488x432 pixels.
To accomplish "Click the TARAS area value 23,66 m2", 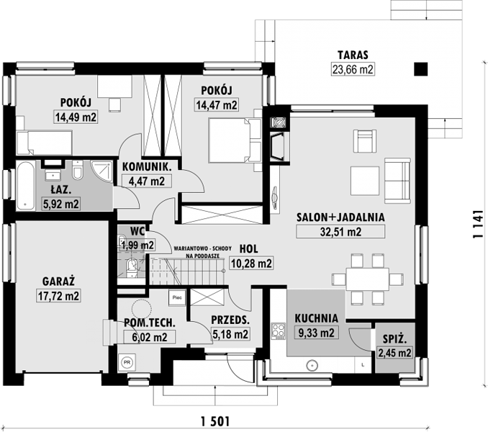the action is click(x=352, y=69).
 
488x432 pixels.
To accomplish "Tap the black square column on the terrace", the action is click(x=421, y=69).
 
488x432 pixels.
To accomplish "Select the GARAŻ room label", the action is click(x=58, y=282).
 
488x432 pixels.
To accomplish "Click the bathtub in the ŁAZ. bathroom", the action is click(x=25, y=185).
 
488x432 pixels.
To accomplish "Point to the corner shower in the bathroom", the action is click(x=102, y=171).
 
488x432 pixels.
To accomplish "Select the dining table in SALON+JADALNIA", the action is click(x=367, y=279).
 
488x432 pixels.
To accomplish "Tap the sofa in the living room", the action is click(x=397, y=181).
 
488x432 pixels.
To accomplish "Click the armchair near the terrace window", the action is click(x=365, y=141).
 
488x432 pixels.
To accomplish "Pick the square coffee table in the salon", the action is click(x=365, y=181).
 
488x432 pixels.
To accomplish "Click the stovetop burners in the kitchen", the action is click(x=279, y=331).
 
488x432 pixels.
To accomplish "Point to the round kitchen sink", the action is click(x=312, y=365).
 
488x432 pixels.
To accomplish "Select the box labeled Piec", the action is click(x=177, y=297).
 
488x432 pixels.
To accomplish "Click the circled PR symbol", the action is click(x=127, y=363).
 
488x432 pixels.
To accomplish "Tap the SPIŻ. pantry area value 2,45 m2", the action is click(x=394, y=353).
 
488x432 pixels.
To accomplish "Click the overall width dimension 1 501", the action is click(x=215, y=421).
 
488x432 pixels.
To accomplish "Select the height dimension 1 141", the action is click(x=478, y=225).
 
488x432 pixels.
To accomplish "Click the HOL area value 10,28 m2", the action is click(x=251, y=264).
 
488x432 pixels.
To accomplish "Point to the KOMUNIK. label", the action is click(x=147, y=167).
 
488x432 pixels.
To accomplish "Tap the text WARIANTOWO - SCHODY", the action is click(x=202, y=248).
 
